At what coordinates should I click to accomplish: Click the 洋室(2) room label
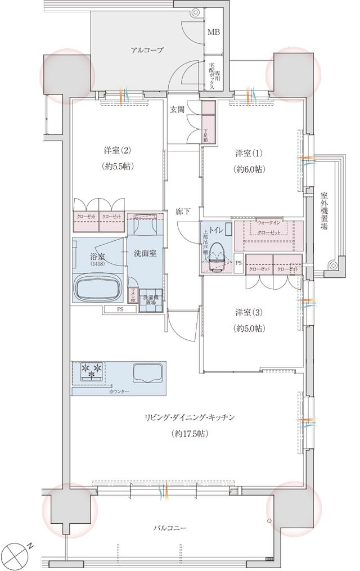click(x=117, y=151)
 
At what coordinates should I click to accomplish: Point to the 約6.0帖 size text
click(x=250, y=169)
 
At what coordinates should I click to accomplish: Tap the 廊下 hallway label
click(x=182, y=212)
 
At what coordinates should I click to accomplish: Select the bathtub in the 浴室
click(x=97, y=288)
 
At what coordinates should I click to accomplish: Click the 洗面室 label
click(x=145, y=253)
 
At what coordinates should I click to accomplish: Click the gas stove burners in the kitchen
click(x=92, y=372)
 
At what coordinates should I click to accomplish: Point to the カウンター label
click(x=119, y=391)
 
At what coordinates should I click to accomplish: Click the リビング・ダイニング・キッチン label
click(x=189, y=417)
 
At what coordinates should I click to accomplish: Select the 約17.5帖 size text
click(x=189, y=434)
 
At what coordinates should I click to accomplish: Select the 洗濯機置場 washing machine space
click(x=150, y=299)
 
